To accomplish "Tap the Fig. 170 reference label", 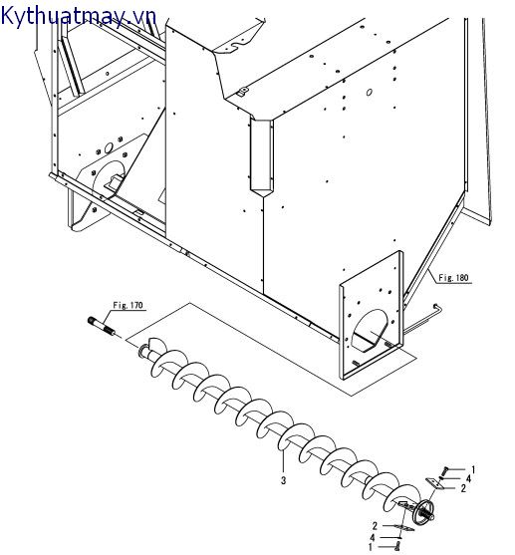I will (129, 304).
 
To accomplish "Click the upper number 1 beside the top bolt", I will (473, 469).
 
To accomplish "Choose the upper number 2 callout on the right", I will (463, 489).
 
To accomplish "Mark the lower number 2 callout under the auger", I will (374, 525).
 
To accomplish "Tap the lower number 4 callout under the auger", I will (374, 536).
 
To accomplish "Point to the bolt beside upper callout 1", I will (448, 470).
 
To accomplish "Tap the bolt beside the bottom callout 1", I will (397, 546).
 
